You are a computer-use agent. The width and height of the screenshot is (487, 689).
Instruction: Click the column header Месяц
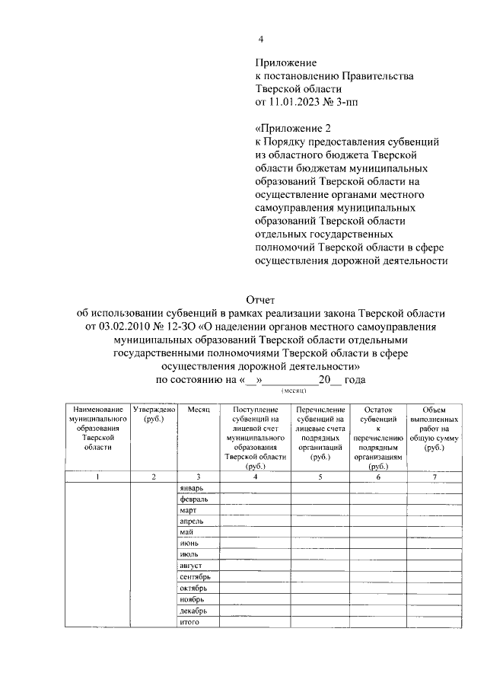coord(197,410)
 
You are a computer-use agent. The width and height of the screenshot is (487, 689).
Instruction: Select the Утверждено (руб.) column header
coord(154,414)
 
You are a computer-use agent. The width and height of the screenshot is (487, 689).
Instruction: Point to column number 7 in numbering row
coord(434,477)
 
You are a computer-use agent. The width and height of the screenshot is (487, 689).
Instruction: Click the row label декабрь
coord(193,611)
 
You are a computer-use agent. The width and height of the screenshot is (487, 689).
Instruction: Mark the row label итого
coord(189,623)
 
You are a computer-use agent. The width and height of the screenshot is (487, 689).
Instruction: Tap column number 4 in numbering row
coord(254,477)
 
